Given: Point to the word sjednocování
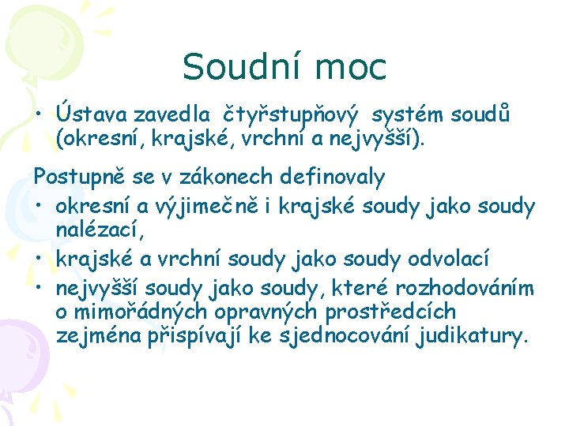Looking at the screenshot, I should coord(344,337).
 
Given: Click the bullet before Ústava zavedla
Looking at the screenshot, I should coord(38,117).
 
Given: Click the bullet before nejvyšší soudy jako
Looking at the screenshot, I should coord(38,289).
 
